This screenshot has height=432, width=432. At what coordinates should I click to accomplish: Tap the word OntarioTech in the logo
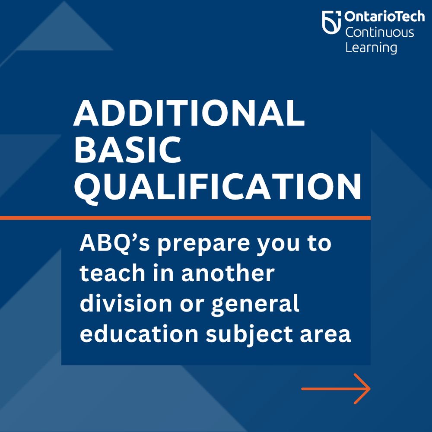384,17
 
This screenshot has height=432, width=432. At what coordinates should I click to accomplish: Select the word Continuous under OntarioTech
379,33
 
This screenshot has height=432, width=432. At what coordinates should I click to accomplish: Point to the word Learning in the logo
371,47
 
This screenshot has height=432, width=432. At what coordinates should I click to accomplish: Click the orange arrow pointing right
336,389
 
